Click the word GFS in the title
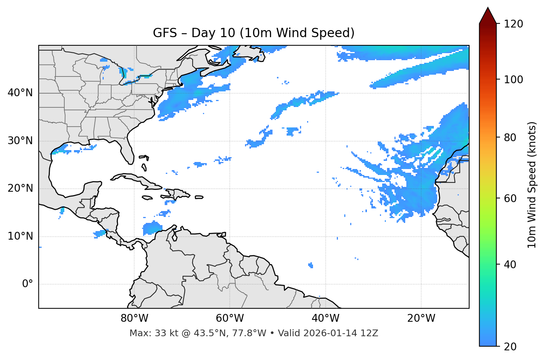pyautogui.click(x=162, y=33)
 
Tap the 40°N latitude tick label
pyautogui.click(x=20, y=93)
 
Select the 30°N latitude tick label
pyautogui.click(x=20, y=141)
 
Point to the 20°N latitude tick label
pyautogui.click(x=20, y=188)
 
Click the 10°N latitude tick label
pyautogui.click(x=20, y=236)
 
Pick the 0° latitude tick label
pyautogui.click(x=27, y=284)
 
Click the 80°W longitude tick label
pyautogui.click(x=134, y=318)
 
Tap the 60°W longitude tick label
pyautogui.click(x=230, y=318)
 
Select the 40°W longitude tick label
pyautogui.click(x=325, y=318)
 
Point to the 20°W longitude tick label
pyautogui.click(x=421, y=318)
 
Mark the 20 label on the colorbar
pyautogui.click(x=510, y=347)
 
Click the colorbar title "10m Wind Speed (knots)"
pyautogui.click(x=532, y=185)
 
